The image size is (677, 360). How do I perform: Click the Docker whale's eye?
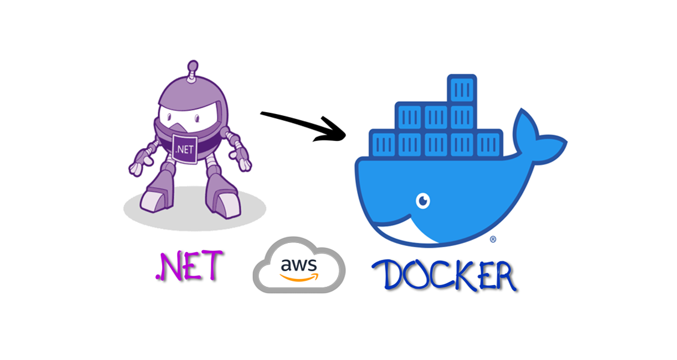(x=423, y=200)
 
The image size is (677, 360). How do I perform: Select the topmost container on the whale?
(x=462, y=89)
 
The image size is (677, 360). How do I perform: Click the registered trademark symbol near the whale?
(x=493, y=239)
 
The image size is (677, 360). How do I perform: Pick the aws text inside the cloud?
(x=299, y=265)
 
